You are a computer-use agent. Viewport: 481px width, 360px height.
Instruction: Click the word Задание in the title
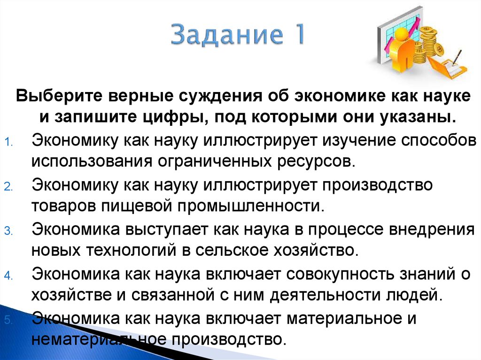point(221,36)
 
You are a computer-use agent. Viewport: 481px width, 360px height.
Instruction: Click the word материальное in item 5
point(339,318)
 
